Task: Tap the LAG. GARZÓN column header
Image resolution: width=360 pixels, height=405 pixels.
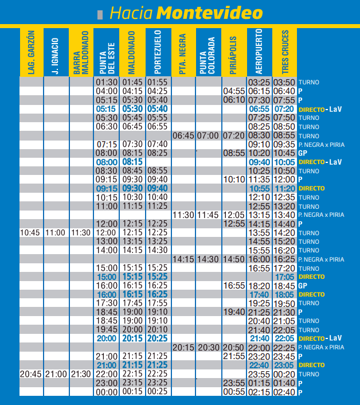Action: point(31,52)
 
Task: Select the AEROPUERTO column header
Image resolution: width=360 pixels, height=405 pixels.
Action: point(259,52)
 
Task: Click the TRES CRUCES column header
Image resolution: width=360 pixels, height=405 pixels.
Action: point(284,52)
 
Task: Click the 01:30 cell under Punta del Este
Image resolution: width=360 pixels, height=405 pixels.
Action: point(107,82)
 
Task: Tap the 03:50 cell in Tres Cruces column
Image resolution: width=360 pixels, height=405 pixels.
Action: point(284,82)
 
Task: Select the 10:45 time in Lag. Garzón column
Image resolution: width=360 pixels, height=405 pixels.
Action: point(30,233)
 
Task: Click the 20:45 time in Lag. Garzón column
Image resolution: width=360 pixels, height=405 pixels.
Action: point(30,373)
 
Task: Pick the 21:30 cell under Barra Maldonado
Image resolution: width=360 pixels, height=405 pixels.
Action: point(81,373)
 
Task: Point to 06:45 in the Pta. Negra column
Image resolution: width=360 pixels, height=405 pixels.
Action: point(183,135)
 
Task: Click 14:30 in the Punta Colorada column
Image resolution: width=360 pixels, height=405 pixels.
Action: point(208,259)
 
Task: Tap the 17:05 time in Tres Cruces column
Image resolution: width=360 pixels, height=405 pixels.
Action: point(284,277)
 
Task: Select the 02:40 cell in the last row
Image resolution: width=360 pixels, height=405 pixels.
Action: point(284,392)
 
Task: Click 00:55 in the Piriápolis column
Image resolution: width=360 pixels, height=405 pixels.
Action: point(233,392)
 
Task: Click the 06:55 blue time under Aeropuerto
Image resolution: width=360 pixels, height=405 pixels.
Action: point(259,109)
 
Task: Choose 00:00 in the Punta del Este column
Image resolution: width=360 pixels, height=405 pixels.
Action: point(107,392)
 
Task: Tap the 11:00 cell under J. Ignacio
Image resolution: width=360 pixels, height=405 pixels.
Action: point(56,233)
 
